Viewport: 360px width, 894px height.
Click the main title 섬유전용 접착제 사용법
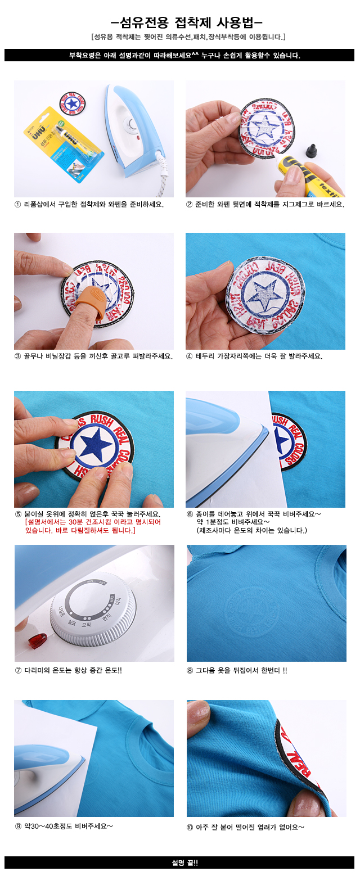186,22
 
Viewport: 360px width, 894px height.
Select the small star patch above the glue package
72,104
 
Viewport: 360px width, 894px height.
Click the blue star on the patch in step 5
94,444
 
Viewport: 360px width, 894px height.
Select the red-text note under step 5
93,526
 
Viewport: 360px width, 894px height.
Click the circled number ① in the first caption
17,205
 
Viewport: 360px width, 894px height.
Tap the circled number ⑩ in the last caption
190,827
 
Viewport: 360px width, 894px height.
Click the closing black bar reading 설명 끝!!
179,863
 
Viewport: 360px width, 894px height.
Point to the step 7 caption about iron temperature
68,670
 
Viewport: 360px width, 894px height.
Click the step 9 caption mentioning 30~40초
64,826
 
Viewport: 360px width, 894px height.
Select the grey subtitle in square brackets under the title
188,37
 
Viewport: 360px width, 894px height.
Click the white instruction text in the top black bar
185,56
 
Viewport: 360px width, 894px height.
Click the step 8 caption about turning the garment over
237,670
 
